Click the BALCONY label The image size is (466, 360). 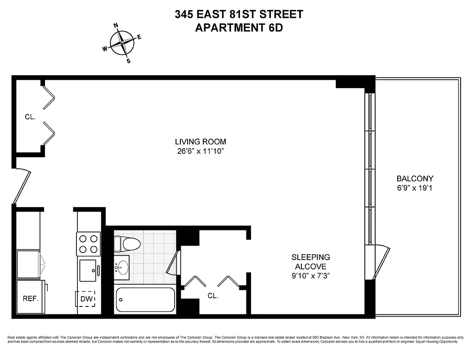415,178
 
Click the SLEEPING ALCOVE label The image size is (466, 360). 311,261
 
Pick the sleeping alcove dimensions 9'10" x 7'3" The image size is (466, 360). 311,276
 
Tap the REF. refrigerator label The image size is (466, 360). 31,298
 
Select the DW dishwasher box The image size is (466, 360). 85,298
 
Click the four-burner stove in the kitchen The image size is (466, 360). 89,244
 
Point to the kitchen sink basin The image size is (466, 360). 88,270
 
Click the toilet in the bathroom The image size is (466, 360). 128,244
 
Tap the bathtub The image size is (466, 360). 145,299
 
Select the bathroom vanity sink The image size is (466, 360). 121,267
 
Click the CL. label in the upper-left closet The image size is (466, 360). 30,117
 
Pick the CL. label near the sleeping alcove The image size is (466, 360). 213,296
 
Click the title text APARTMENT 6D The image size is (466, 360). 239,27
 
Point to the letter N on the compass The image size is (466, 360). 116,26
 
